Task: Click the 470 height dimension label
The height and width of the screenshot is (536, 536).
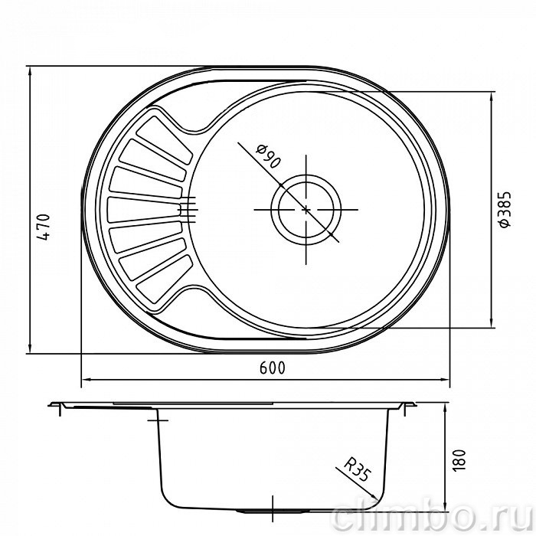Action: (44, 227)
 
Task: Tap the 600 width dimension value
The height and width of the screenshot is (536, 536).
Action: (272, 368)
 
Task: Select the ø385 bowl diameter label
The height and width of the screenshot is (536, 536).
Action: (505, 209)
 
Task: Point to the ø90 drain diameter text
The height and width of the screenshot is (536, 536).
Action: (268, 156)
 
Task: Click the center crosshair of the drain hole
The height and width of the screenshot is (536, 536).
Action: (306, 209)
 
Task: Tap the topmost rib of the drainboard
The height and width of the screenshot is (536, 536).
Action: (164, 140)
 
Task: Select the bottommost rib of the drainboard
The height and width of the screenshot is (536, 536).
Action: (164, 279)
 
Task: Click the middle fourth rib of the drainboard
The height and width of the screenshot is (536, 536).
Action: (144, 209)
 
